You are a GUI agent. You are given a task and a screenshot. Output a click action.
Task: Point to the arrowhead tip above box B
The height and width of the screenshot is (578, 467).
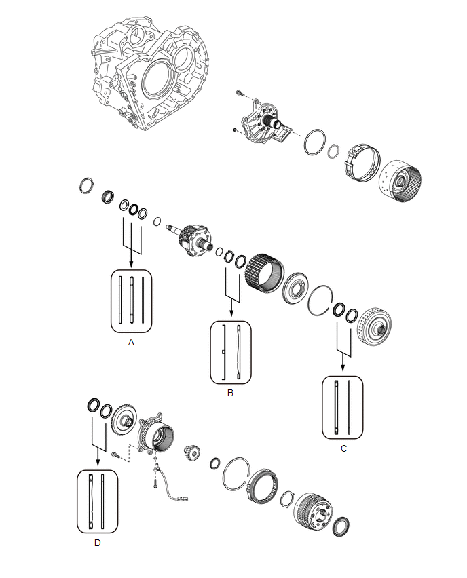point(231,317)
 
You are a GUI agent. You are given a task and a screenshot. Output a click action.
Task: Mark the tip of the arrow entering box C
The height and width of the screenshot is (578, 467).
point(343,371)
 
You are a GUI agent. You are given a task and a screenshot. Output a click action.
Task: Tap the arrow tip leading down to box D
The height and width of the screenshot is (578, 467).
point(98,465)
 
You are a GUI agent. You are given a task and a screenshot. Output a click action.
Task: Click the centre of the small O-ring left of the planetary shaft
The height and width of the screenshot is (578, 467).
point(157,222)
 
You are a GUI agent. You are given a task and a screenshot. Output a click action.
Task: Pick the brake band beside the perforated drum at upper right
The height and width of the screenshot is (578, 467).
point(362,163)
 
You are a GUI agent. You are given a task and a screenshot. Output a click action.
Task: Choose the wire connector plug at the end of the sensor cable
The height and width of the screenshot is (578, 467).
point(183,499)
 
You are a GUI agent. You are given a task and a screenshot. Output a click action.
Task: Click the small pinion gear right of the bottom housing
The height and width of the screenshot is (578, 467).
point(192,452)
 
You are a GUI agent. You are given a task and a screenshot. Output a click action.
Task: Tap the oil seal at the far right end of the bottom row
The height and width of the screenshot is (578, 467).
point(341,526)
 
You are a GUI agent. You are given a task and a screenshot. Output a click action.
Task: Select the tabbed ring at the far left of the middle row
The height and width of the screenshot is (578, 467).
point(86,185)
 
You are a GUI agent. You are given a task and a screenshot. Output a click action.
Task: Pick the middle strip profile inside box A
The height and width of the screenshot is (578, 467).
point(131,300)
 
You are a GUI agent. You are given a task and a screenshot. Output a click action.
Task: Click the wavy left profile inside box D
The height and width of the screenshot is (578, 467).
point(91,502)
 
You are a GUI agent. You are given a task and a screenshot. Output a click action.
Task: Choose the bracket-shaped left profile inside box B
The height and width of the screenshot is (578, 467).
point(223,352)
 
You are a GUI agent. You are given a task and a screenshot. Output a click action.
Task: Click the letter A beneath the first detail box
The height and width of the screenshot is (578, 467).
point(131,343)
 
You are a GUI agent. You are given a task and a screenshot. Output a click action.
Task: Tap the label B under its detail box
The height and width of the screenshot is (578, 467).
point(230,393)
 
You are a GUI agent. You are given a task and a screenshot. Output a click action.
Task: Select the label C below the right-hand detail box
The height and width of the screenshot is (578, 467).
point(343,448)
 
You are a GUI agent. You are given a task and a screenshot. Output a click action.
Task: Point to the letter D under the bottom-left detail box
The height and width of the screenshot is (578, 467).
point(97,543)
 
